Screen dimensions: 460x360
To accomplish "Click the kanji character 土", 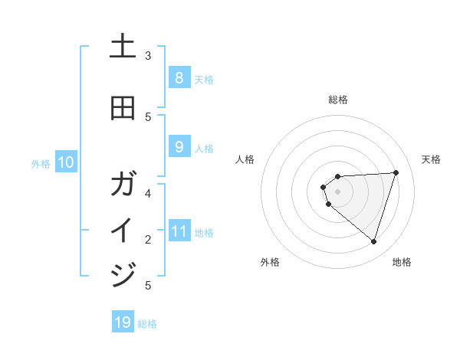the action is pyautogui.click(x=123, y=47).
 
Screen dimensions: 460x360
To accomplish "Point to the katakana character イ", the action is pyautogui.click(x=123, y=231).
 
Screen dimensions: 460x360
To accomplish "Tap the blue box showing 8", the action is pyautogui.click(x=179, y=78).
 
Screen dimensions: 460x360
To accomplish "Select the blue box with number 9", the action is pyautogui.click(x=179, y=147).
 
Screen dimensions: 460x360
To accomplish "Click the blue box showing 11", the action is pyautogui.click(x=179, y=231).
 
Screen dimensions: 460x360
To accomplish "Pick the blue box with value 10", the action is pyautogui.click(x=66, y=162).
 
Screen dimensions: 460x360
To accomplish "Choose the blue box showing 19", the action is pyautogui.click(x=123, y=322).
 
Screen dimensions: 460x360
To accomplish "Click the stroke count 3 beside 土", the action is pyautogui.click(x=148, y=56).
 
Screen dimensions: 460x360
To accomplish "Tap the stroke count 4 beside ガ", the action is pyautogui.click(x=148, y=193).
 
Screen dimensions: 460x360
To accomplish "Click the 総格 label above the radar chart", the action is pyautogui.click(x=338, y=100).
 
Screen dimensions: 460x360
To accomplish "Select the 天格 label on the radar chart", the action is pyautogui.click(x=432, y=159).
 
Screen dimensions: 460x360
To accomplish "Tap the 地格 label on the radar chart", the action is pyautogui.click(x=402, y=262).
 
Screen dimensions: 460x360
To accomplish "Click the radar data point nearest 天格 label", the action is pyautogui.click(x=396, y=172).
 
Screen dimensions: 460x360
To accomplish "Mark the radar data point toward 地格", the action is pyautogui.click(x=373, y=241).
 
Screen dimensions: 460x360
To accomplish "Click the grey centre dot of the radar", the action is pyautogui.click(x=338, y=191).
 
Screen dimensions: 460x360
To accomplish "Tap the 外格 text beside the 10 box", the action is pyautogui.click(x=41, y=163).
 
